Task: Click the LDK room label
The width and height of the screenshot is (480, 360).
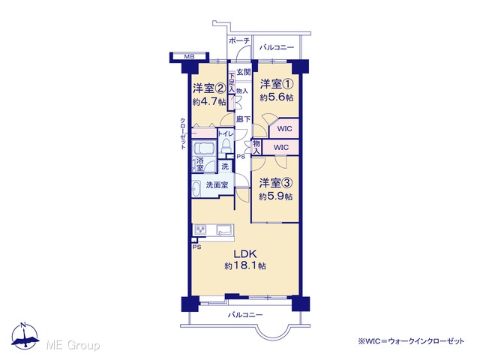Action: [245, 253]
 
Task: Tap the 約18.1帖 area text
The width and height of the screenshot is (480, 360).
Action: [245, 265]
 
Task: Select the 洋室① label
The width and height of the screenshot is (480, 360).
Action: [277, 83]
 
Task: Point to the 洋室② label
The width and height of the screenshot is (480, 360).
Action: [209, 88]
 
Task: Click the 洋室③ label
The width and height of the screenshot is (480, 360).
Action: [276, 183]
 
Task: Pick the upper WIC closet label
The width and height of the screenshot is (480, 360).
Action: [284, 129]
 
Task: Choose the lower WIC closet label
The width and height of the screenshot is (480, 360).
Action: [280, 148]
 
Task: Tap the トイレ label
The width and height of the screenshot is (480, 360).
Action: [226, 133]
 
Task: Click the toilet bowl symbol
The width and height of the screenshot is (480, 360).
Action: [226, 145]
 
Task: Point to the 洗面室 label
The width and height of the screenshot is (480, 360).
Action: [217, 185]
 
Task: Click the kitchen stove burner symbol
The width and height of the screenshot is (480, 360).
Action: [200, 229]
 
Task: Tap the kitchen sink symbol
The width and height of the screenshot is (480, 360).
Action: [224, 229]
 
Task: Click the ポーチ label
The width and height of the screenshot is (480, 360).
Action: [239, 40]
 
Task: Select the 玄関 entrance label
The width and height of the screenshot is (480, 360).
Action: [244, 72]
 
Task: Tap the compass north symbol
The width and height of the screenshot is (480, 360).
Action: [25, 336]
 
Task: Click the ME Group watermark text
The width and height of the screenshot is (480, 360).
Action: [73, 345]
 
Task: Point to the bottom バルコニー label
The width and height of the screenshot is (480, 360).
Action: [245, 315]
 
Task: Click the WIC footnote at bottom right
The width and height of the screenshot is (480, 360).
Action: [411, 341]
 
